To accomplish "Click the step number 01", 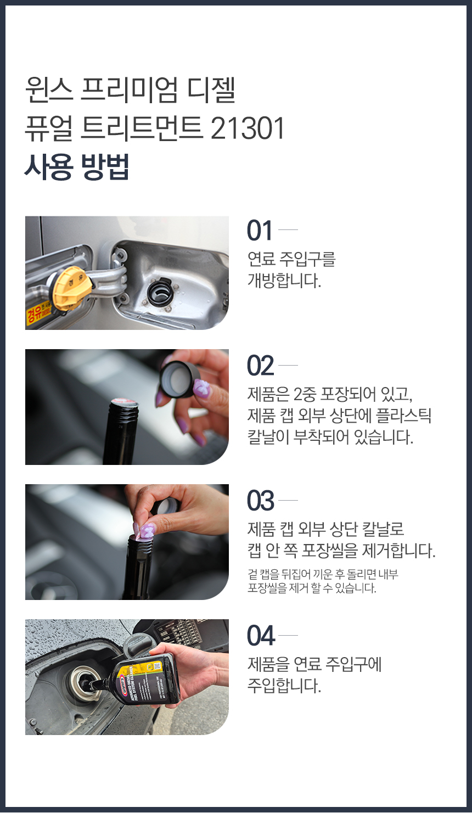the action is click(x=260, y=231).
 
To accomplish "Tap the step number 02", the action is click(x=260, y=366).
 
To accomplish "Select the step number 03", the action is click(x=260, y=501).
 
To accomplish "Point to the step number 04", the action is click(x=261, y=636).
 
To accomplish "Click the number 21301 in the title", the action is click(x=248, y=128).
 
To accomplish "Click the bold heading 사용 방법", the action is click(x=77, y=167).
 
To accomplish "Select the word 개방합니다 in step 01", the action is click(x=284, y=281).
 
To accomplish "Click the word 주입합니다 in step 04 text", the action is click(x=284, y=686).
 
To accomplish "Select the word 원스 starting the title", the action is click(x=49, y=90).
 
